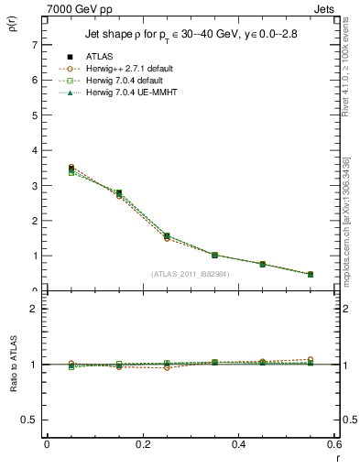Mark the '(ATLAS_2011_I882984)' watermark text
click(x=190, y=274)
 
